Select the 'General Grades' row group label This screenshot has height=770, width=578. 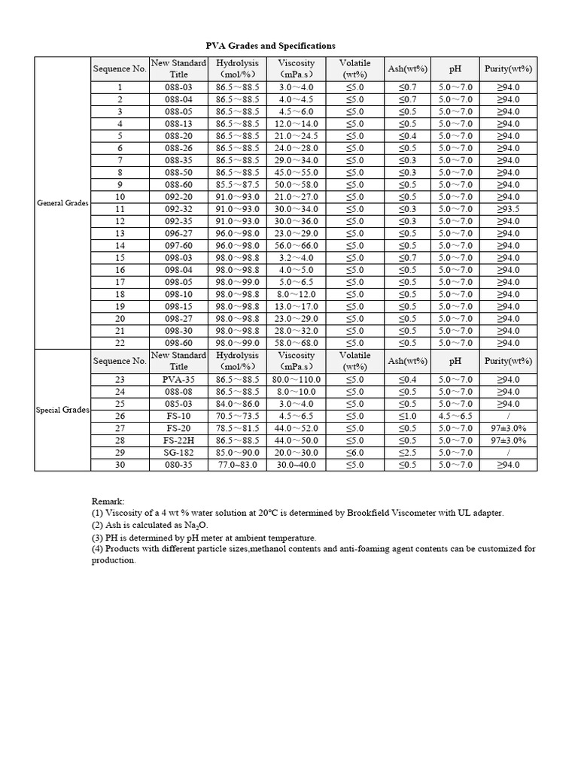point(62,203)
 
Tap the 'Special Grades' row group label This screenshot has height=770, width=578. point(62,410)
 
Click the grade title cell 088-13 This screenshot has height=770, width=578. point(178,124)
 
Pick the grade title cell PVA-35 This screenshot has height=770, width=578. point(178,380)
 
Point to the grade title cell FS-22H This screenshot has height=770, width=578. point(178,441)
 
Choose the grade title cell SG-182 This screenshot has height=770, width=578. point(178,453)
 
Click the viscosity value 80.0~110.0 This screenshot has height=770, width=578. point(296,380)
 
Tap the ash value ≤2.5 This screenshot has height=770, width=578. point(407,453)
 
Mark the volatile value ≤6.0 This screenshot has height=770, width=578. point(354,453)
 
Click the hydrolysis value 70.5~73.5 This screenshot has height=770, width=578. point(237,416)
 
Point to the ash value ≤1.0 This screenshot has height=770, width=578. point(407,416)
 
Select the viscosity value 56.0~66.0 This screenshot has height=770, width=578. point(296,246)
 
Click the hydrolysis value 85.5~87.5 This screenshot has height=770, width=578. point(237,185)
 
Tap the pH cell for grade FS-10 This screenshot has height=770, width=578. point(455,416)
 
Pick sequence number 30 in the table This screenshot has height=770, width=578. point(120,465)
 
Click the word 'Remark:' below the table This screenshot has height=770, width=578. point(108,501)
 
